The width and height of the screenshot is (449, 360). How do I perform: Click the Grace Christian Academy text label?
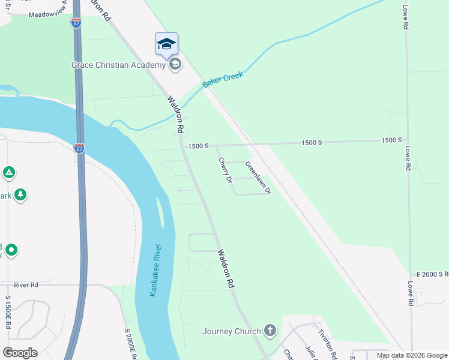pos(118,65)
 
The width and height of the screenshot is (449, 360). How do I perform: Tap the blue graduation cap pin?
pos(166,44)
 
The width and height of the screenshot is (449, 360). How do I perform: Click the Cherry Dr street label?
pos(224,170)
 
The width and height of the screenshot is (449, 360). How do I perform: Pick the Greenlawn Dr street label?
pos(259,180)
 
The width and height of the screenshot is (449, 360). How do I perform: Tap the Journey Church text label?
pos(232,331)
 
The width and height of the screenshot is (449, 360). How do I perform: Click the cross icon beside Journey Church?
pos(270,331)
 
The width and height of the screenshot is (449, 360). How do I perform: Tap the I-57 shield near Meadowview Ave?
pos(76,22)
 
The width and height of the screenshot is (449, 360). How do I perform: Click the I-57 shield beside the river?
pos(80,148)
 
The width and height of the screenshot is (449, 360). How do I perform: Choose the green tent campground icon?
pos(8,173)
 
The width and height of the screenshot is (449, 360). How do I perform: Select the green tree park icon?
pos(20,194)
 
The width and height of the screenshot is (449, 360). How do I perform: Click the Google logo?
pos(20,353)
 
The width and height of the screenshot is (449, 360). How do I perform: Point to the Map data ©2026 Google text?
pos(412,355)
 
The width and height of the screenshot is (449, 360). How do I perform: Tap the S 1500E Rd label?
pos(8,311)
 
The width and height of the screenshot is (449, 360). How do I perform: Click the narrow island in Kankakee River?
pos(160,212)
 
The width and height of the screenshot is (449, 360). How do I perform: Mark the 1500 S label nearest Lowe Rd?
pos(391,140)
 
